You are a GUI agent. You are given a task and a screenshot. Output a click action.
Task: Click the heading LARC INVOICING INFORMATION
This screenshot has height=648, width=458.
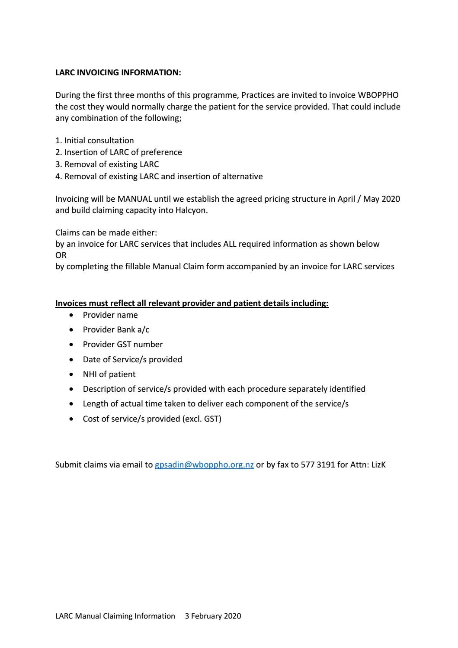pos(118,73)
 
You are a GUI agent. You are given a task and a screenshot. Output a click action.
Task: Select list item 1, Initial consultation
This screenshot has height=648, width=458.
pos(95,141)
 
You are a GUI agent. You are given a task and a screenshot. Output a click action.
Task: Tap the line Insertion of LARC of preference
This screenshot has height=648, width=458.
pos(119,152)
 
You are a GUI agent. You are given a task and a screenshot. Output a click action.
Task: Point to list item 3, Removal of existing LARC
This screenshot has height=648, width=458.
pos(107,164)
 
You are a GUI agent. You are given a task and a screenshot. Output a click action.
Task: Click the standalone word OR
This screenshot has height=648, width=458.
pos(61,255)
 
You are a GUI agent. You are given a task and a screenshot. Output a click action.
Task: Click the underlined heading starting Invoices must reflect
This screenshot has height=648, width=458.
pos(192,303)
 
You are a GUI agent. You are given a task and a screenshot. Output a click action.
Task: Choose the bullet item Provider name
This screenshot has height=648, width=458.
pos(110,315)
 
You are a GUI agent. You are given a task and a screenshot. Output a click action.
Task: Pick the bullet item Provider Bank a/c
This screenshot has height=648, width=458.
pos(116,330)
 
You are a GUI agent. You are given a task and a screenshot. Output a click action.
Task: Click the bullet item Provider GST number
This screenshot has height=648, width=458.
pos(123,345)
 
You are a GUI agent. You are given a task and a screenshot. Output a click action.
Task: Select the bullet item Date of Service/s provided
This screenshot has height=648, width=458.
pos(132,359)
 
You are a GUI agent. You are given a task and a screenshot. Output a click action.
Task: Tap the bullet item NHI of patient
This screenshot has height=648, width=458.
pos(109,374)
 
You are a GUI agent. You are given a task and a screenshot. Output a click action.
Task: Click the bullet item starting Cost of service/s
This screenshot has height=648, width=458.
pos(152,419)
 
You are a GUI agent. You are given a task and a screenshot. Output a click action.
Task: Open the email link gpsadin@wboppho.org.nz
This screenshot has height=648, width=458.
pos(204,465)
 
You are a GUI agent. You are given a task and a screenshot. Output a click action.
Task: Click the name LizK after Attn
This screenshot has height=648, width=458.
pos(378,465)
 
